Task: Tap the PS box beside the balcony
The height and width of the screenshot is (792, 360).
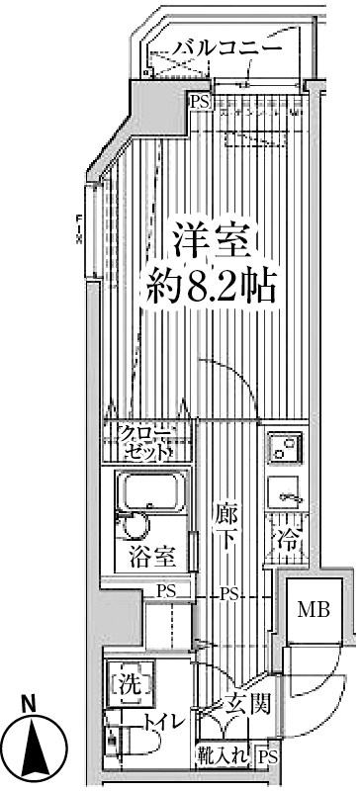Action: [200, 100]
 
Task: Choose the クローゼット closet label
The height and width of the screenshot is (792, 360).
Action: [145, 443]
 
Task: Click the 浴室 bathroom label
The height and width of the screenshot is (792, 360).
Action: [151, 556]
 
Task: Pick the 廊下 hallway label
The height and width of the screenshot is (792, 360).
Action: [225, 525]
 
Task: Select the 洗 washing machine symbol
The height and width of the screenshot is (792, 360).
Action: [128, 682]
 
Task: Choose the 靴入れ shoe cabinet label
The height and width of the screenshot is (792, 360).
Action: [225, 756]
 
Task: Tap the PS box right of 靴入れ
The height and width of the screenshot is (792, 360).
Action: [267, 756]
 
